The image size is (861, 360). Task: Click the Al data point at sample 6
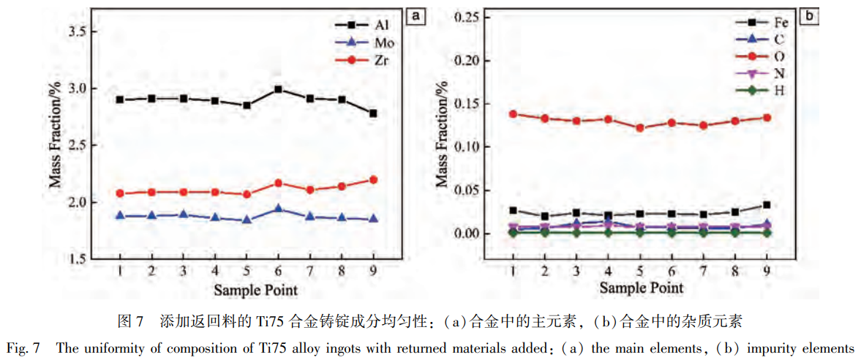[x=279, y=89]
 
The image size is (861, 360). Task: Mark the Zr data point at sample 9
[x=373, y=179]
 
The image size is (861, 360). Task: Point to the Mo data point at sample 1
[x=120, y=216]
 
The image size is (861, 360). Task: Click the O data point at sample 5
[x=639, y=127]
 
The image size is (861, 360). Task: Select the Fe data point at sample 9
[x=767, y=205]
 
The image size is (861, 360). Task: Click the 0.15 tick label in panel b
[x=470, y=104]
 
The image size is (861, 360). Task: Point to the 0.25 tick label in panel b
[x=470, y=17]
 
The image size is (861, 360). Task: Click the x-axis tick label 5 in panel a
[x=247, y=271]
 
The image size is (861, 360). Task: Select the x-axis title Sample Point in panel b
[x=641, y=288]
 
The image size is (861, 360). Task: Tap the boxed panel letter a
[x=417, y=15]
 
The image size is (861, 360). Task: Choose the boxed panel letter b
[x=808, y=15]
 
